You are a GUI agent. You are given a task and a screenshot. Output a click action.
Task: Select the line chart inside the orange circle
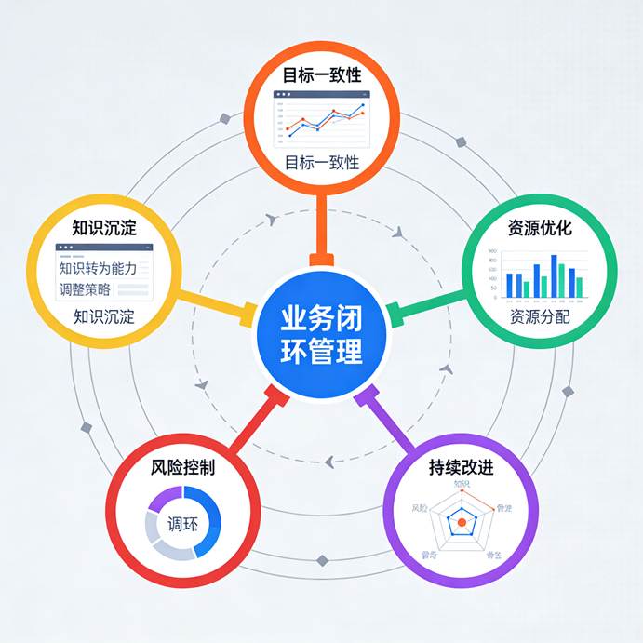pyautogui.click(x=321, y=117)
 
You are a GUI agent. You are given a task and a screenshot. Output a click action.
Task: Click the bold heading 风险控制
pyautogui.click(x=182, y=467)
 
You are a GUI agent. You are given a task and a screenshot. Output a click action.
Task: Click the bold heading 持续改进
pyautogui.click(x=462, y=467)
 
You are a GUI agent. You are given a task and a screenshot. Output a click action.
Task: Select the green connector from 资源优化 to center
pyautogui.click(x=425, y=307)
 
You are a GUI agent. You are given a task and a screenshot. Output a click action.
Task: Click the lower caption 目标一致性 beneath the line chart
pyautogui.click(x=321, y=163)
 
